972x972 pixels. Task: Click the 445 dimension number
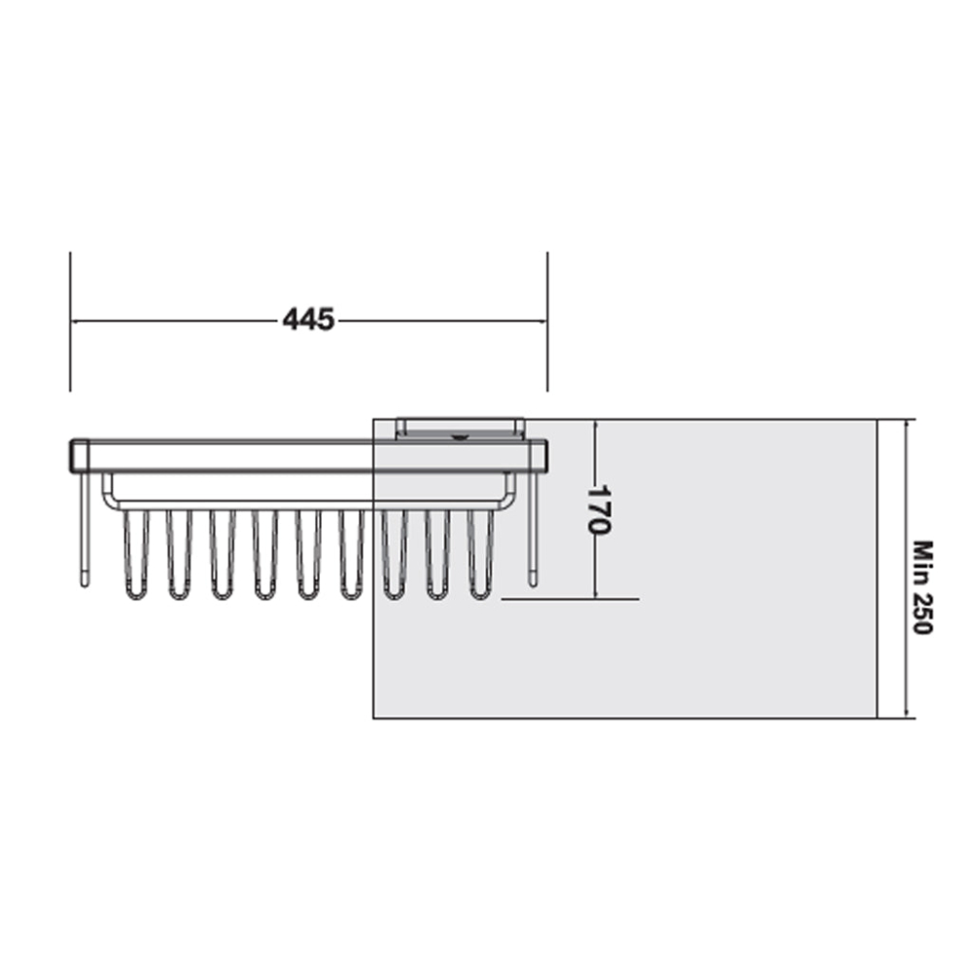308,320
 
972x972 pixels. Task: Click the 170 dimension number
599,509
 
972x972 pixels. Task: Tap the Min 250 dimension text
923,588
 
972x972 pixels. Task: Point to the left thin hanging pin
85,530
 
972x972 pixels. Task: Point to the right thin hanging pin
532,530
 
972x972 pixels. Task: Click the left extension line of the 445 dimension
70,321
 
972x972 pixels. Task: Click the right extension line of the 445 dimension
547,321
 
